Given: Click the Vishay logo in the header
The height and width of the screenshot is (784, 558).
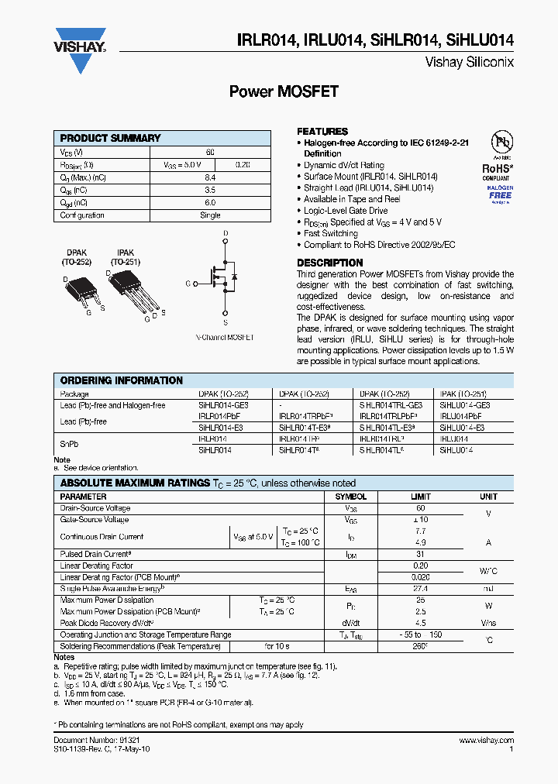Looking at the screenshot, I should click(x=79, y=43).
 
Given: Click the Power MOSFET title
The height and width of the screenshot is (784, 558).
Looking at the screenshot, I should click(x=284, y=91).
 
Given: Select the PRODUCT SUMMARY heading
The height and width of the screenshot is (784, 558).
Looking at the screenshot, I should click(x=110, y=138).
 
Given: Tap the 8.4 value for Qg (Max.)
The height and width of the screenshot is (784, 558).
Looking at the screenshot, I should click(x=210, y=177).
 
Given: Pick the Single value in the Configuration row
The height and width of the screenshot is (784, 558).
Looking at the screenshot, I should click(x=210, y=215).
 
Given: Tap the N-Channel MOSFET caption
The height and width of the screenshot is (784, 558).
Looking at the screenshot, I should click(x=224, y=338).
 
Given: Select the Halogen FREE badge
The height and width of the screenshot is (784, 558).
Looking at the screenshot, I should click(x=500, y=193).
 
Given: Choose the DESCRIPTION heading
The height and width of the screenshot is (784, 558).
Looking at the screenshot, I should click(x=329, y=263).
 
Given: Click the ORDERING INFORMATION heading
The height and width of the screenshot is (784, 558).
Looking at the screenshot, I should click(x=122, y=380).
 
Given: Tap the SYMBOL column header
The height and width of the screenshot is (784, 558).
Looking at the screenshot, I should click(x=350, y=497).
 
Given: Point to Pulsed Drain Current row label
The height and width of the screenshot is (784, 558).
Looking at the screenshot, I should click(x=95, y=555).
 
